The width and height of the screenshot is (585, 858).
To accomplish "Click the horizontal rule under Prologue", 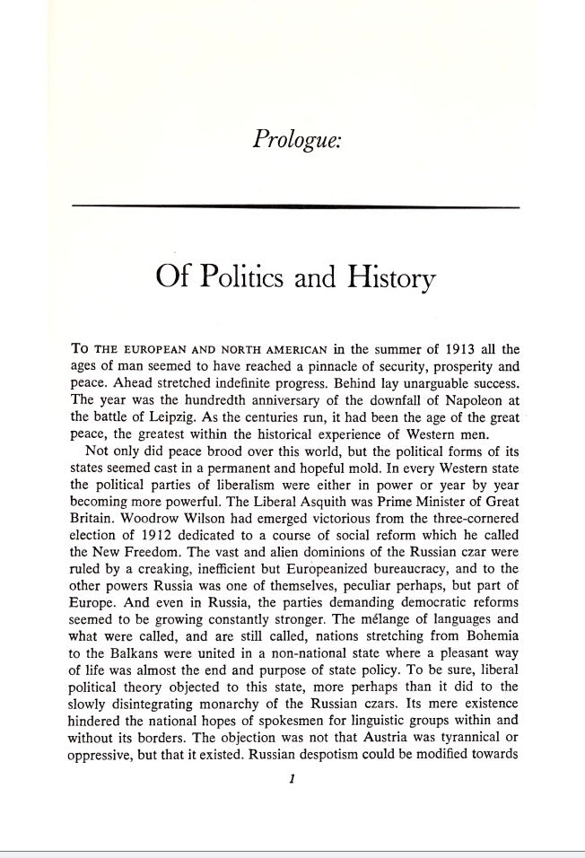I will click(x=295, y=207).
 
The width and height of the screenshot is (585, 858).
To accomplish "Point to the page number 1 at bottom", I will click(x=293, y=780).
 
